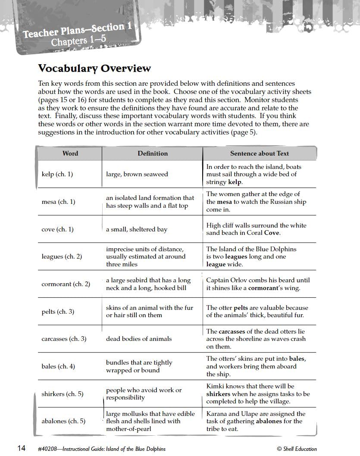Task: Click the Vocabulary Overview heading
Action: pyautogui.click(x=94, y=68)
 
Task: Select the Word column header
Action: pyautogui.click(x=70, y=153)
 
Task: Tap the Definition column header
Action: pyautogui.click(x=153, y=153)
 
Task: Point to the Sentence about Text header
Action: pyautogui.click(x=260, y=153)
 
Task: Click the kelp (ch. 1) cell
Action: pyautogui.click(x=57, y=174)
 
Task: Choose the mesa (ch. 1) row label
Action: pyautogui.click(x=58, y=202)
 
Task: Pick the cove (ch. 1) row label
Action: pyautogui.click(x=57, y=229)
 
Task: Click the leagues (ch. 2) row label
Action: pyautogui.click(x=62, y=256)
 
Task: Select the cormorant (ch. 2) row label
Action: pyautogui.click(x=66, y=284)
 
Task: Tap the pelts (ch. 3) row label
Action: pyautogui.click(x=58, y=312)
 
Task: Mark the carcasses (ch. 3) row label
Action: pyautogui.click(x=64, y=339)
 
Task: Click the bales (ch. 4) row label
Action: pyautogui.click(x=58, y=366)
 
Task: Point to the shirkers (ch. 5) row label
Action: pyautogui.click(x=63, y=394)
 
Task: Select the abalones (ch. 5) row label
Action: pyautogui.click(x=63, y=421)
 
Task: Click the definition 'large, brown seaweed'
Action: pyautogui.click(x=137, y=174)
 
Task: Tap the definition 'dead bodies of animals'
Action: pyautogui.click(x=139, y=339)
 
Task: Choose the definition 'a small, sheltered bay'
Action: pyautogui.click(x=137, y=229)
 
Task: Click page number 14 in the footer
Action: pyautogui.click(x=22, y=448)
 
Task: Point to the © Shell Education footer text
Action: pyautogui.click(x=297, y=449)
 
